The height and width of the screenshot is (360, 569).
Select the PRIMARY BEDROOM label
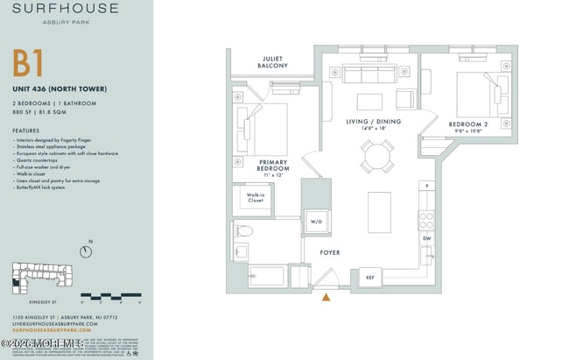[273, 166]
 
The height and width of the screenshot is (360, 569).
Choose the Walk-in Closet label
[255, 197]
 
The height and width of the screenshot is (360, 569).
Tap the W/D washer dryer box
[316, 222]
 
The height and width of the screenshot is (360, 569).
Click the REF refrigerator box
[369, 278]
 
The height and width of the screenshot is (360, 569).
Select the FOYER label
[329, 253]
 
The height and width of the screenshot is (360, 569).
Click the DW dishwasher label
[427, 237]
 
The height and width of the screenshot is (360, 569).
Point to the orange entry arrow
[327, 298]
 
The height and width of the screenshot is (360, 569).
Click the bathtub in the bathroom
[260, 278]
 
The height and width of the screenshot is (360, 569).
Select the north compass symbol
[86, 252]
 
